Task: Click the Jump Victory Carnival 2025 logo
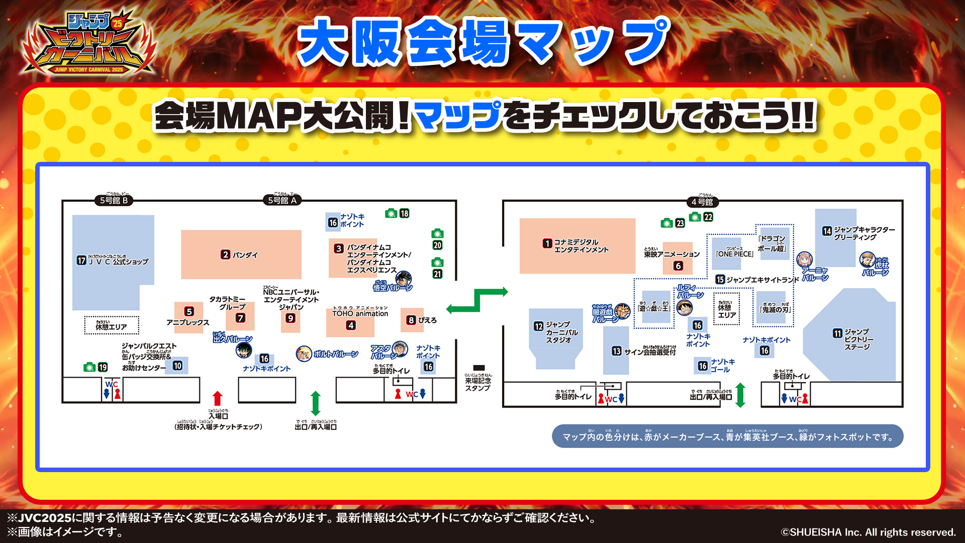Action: click(x=89, y=44)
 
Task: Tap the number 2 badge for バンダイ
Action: click(x=225, y=255)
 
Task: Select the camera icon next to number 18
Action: click(x=391, y=214)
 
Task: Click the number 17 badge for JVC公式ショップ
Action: click(x=81, y=260)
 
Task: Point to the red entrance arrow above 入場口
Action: click(x=217, y=398)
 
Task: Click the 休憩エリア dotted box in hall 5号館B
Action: click(x=111, y=325)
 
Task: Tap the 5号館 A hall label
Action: click(x=282, y=201)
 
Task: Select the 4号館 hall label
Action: click(x=702, y=202)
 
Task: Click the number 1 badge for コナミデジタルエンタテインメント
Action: click(x=547, y=243)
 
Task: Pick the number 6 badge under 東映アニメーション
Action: click(x=678, y=266)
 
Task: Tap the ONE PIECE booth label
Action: click(x=734, y=254)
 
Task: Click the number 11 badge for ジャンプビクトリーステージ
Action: click(x=837, y=333)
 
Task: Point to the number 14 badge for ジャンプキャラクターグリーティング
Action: click(x=827, y=231)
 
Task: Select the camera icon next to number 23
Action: click(x=667, y=223)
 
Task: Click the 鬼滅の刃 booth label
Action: click(x=775, y=309)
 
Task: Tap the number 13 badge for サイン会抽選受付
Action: click(x=617, y=351)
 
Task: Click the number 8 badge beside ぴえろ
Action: click(x=411, y=320)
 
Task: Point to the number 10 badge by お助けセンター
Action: click(x=177, y=366)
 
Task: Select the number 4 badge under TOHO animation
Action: click(x=351, y=325)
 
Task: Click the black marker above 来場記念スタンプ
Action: click(x=479, y=368)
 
